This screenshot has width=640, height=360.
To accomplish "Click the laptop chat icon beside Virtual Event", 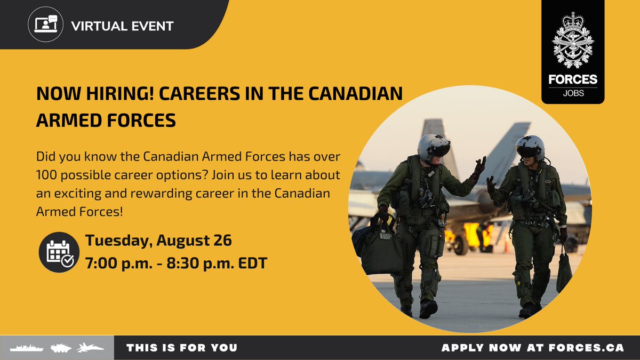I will click(45, 25).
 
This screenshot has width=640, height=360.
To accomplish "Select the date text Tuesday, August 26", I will click(158, 241).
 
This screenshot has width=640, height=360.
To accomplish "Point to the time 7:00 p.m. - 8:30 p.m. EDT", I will click(176, 262).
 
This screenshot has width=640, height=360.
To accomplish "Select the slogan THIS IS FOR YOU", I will click(182, 348).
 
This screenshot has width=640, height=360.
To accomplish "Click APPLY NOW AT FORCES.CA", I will click(532, 348).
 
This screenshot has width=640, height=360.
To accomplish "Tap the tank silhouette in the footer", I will click(61, 348).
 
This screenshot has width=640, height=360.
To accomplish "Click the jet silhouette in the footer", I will click(91, 348).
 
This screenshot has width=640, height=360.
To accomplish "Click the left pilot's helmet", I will click(433, 148).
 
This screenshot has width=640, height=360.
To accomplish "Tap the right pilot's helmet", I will click(530, 147).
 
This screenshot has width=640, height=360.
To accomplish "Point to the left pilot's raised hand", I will click(480, 167).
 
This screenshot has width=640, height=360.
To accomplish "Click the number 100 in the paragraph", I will click(47, 175).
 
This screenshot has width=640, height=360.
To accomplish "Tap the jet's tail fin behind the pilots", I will click(507, 145).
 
